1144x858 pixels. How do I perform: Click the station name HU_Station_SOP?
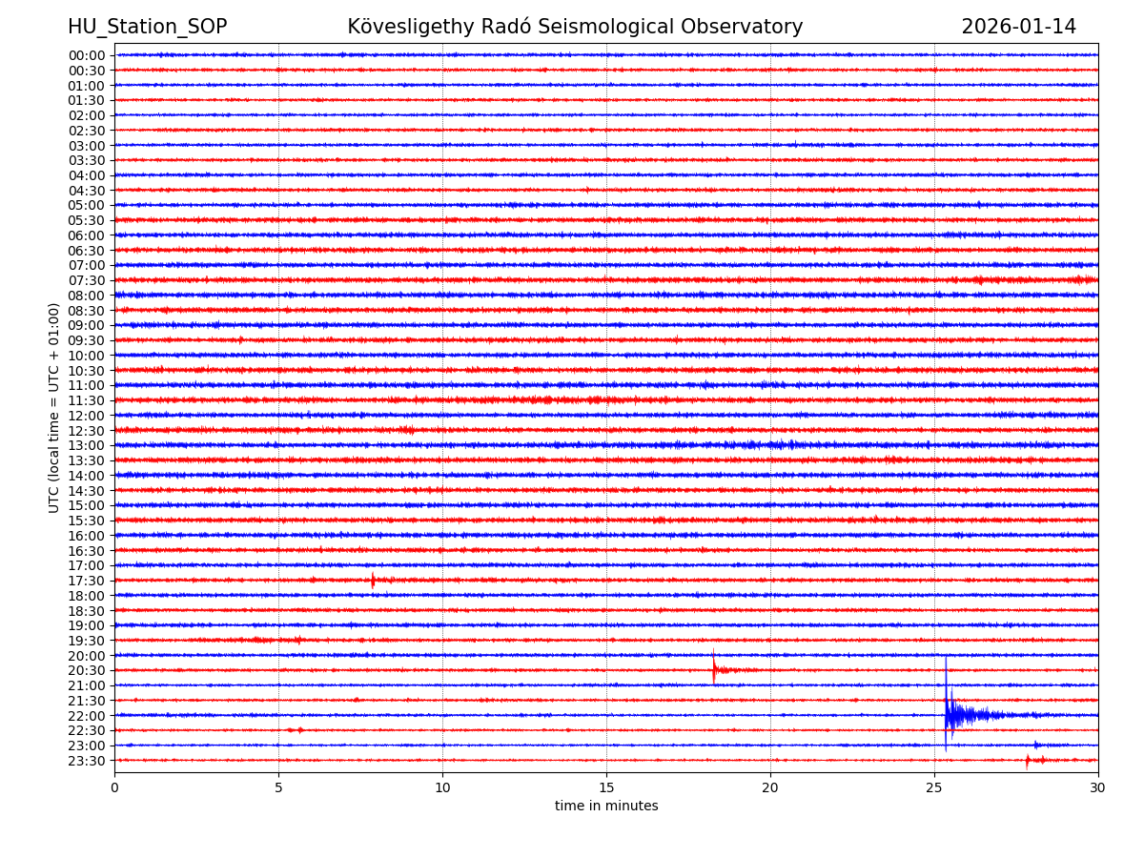(147, 27)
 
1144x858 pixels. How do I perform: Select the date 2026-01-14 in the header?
(1018, 27)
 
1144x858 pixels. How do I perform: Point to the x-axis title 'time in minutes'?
(606, 807)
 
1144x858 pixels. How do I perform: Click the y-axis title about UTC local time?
(54, 407)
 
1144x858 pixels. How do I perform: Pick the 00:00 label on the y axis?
(87, 55)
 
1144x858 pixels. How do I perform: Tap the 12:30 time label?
(87, 431)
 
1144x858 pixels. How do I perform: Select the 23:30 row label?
(87, 761)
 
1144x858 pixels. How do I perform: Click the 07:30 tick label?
(87, 280)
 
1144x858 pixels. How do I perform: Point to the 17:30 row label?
(87, 581)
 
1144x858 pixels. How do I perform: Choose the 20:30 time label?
(87, 671)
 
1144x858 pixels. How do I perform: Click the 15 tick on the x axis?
(606, 787)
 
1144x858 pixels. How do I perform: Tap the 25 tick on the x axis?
(934, 787)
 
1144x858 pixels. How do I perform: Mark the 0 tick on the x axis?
(114, 787)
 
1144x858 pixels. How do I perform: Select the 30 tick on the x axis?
(1098, 787)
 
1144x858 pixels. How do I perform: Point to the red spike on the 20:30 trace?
(714, 668)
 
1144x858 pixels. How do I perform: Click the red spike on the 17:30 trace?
(373, 580)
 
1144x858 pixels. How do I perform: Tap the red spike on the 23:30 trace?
(1028, 760)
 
